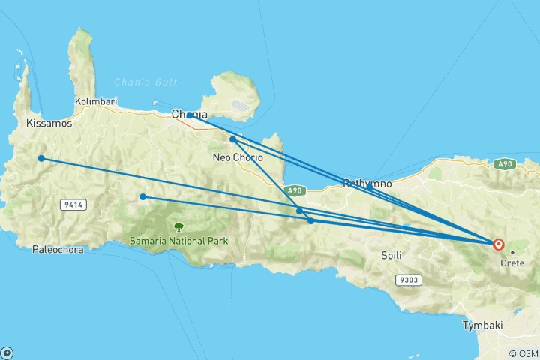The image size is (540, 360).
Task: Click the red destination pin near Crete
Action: click(x=498, y=243)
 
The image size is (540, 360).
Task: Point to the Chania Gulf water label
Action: click(x=145, y=82)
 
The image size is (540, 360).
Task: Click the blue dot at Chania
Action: click(x=190, y=115)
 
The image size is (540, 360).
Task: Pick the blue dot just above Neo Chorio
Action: click(x=233, y=139)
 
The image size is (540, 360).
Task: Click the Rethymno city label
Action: click(x=367, y=184)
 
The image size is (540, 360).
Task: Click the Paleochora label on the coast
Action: click(x=56, y=250)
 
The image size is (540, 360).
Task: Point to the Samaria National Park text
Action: click(x=178, y=241)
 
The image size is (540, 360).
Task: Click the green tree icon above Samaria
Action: click(x=178, y=226)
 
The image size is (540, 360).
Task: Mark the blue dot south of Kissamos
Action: click(x=42, y=158)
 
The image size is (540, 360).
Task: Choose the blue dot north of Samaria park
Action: click(x=142, y=197)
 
